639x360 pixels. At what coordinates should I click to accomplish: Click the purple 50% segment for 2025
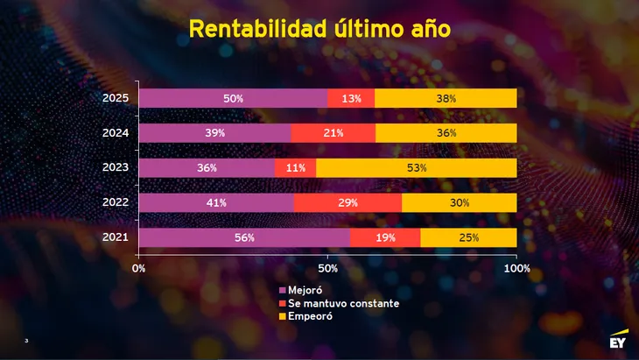coord(233,98)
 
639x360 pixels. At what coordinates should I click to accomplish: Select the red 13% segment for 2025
coord(351,98)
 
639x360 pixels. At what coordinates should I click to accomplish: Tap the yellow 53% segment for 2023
coord(417,167)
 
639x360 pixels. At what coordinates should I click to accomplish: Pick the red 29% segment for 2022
coord(348,202)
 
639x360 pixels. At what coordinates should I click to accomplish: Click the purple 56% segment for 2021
coord(244,237)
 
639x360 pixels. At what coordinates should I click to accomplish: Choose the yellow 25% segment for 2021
coord(468,237)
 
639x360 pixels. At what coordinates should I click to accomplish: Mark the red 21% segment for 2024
coord(333,132)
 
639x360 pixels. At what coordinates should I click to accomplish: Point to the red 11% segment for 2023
coord(295,167)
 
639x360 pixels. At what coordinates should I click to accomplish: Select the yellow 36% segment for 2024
coord(446,132)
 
